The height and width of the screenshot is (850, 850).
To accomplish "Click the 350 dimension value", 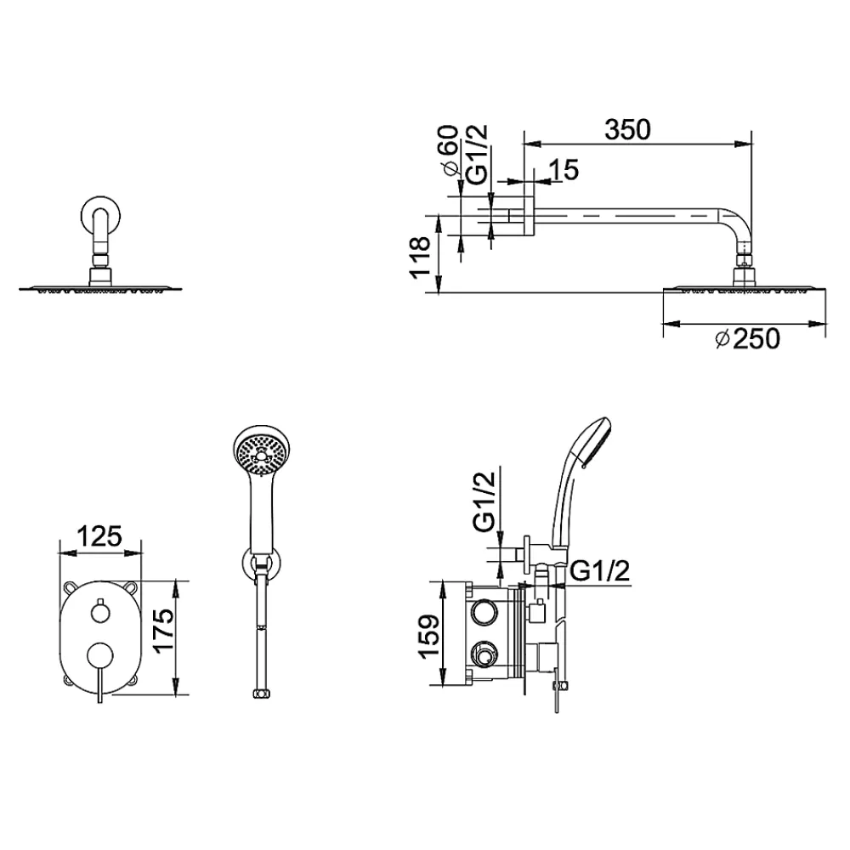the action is coord(627,130).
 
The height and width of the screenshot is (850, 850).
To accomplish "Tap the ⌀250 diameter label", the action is coord(747,339).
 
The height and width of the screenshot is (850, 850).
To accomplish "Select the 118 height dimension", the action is coord(421,258).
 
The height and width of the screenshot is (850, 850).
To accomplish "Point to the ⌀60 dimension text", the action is coord(450,150).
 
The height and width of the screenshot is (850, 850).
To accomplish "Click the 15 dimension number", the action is coord(564,170).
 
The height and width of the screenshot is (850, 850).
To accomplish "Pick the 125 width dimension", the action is coord(99,536).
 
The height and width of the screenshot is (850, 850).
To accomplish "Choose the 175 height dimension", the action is coord(163,631).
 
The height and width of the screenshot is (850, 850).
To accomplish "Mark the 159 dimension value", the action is coord(430,636).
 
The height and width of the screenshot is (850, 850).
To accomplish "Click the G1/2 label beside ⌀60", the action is coord(478,155).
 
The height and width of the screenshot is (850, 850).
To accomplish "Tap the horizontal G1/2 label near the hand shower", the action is coord(601,571).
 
